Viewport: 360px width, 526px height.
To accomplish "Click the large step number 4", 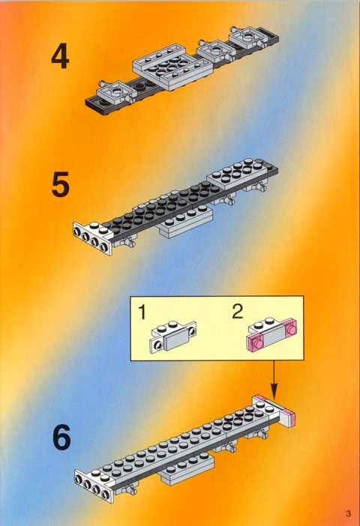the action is point(61,57).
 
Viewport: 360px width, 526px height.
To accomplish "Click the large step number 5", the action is point(61,184).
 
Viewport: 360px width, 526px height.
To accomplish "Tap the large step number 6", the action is point(61,437).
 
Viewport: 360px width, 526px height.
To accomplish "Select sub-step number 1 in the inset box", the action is point(142,312).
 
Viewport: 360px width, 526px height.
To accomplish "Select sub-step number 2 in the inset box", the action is point(238,312).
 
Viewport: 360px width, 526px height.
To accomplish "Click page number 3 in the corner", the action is point(348,513).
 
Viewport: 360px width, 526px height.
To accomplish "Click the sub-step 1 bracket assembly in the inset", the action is point(172,336).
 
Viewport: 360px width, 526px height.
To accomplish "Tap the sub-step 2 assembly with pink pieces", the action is point(272,334).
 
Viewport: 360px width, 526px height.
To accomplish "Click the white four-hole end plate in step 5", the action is point(93,238).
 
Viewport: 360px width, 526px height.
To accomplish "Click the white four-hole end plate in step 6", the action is point(94,485).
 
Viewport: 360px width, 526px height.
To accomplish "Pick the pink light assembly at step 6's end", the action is point(274,411).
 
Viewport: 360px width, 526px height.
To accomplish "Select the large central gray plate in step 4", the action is point(172,67).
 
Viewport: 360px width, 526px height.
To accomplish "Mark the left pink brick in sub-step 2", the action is point(256,343).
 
